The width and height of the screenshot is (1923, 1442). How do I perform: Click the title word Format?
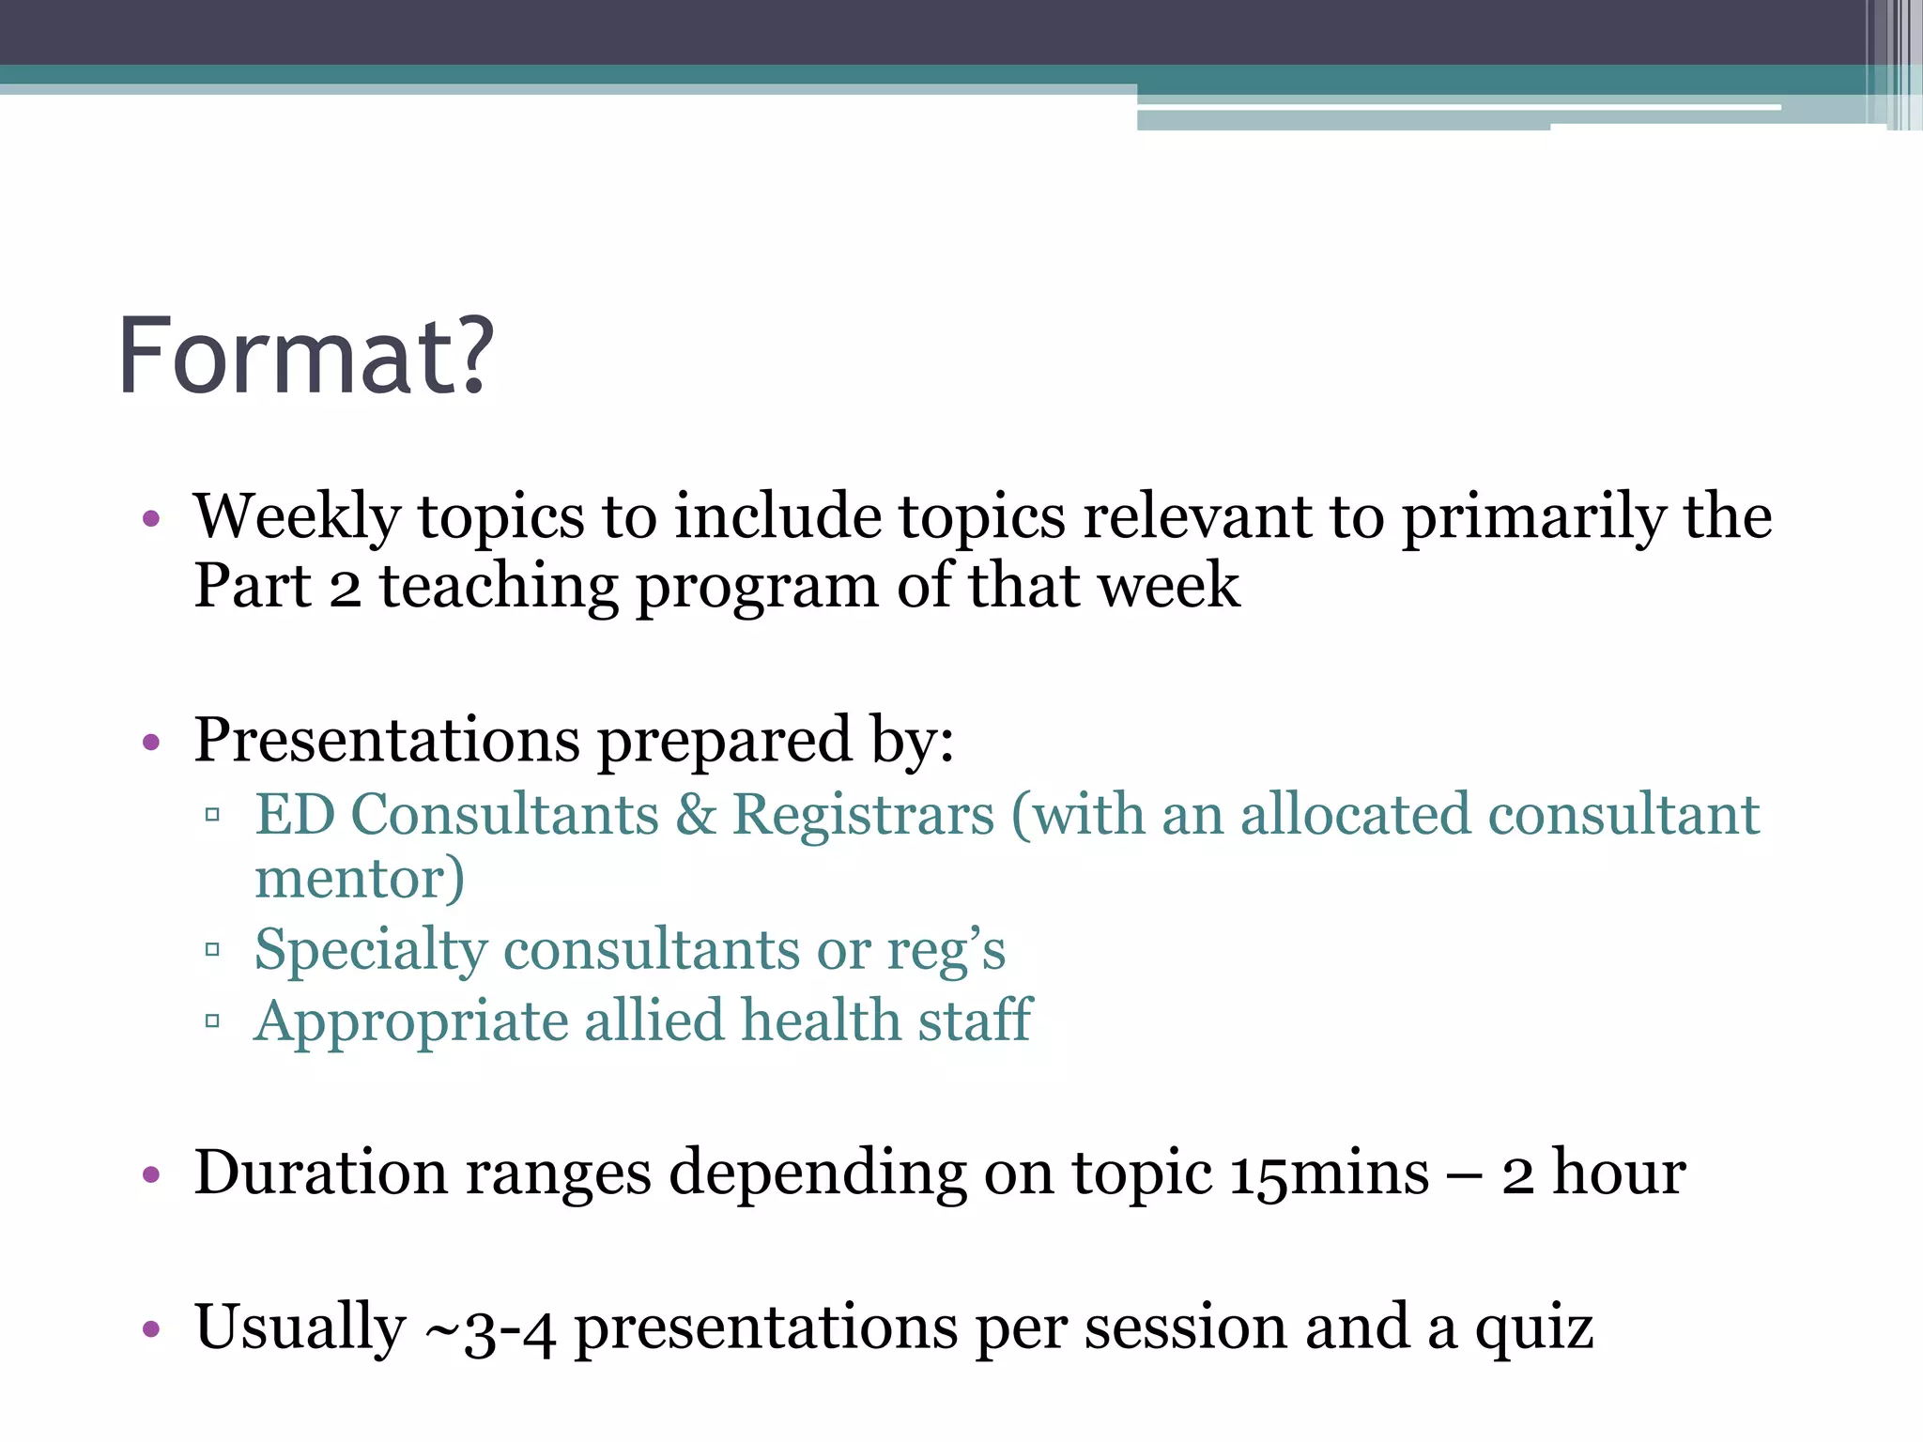(305, 357)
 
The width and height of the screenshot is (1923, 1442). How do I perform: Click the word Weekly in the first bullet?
(297, 518)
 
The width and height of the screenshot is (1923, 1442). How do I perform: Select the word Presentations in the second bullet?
(387, 742)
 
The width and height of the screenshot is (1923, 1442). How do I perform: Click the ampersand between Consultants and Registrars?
(696, 814)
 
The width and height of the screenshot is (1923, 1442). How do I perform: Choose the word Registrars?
(863, 814)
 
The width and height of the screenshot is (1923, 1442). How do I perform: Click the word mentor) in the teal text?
(360, 879)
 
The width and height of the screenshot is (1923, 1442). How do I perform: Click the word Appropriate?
(410, 1021)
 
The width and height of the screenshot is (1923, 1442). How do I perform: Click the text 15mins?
(1329, 1174)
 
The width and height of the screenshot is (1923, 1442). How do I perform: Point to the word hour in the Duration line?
(1618, 1174)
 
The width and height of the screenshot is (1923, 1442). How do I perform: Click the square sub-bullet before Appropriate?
(212, 1020)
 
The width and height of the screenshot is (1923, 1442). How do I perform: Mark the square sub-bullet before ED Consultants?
(212, 814)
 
